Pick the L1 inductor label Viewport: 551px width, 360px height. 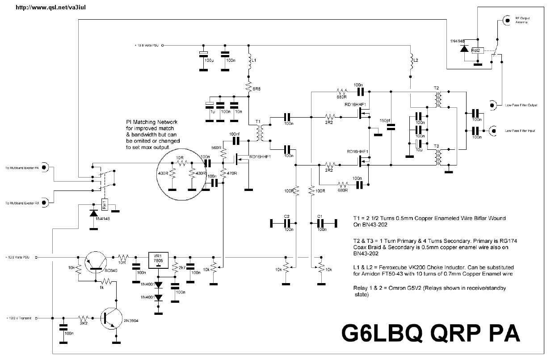[x=253, y=60]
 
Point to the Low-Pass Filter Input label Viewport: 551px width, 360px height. [x=520, y=131]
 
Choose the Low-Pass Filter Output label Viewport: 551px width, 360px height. [x=521, y=105]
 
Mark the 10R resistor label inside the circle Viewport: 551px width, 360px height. [x=180, y=158]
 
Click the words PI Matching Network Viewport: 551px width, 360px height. [x=152, y=122]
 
